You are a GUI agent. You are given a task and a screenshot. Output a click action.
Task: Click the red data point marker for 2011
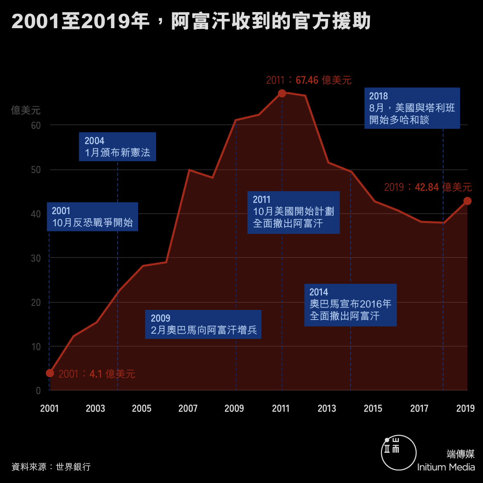[282, 93]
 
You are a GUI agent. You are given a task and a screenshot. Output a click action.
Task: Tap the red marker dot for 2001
[50, 373]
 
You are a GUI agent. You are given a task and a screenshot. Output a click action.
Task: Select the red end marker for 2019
[467, 201]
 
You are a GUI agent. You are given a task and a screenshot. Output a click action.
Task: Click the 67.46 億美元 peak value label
[309, 80]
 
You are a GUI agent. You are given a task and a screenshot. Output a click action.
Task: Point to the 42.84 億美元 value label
[427, 187]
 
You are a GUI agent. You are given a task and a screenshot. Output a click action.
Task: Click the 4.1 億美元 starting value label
[97, 374]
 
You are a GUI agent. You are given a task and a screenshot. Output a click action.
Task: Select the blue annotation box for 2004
[118, 147]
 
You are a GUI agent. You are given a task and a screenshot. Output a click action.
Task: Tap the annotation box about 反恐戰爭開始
[93, 217]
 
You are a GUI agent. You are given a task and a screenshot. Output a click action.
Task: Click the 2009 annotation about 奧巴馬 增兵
[203, 324]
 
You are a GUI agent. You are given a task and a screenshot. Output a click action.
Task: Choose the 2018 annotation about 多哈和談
[412, 108]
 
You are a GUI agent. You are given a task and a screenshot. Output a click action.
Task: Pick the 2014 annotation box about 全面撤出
[351, 305]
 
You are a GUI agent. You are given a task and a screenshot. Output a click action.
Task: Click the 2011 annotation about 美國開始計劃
[293, 213]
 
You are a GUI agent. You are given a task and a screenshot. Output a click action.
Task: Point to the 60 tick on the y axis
[36, 126]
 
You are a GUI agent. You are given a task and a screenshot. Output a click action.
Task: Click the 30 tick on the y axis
[36, 258]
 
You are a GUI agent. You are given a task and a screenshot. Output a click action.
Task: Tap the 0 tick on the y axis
[38, 391]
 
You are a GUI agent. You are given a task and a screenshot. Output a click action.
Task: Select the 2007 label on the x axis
[188, 409]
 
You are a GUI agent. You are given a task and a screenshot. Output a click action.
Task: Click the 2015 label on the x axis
[373, 409]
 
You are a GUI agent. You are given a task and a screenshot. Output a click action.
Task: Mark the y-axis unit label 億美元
[26, 110]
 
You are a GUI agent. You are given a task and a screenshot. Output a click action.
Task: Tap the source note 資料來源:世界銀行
[51, 467]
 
